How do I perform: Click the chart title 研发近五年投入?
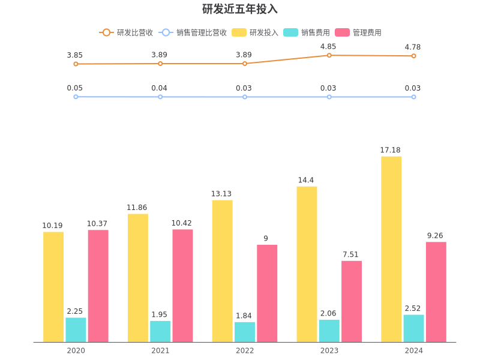(x=239, y=9)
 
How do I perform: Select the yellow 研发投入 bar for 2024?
(x=391, y=249)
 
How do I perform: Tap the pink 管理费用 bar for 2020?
(x=98, y=286)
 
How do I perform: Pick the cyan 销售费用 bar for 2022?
(x=245, y=332)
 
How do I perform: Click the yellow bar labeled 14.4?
(x=307, y=264)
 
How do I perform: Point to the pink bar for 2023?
(x=352, y=301)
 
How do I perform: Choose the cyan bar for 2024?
(x=413, y=328)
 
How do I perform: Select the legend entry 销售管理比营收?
(x=193, y=32)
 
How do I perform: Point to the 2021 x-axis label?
(x=160, y=350)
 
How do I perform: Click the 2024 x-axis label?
(x=413, y=350)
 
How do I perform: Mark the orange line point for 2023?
(x=329, y=55)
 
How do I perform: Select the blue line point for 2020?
(x=76, y=97)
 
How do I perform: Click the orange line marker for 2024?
(x=413, y=56)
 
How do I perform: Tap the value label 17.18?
(x=391, y=150)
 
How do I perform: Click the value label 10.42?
(x=182, y=223)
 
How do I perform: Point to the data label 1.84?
(x=244, y=316)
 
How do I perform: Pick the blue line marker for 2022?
(x=244, y=97)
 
